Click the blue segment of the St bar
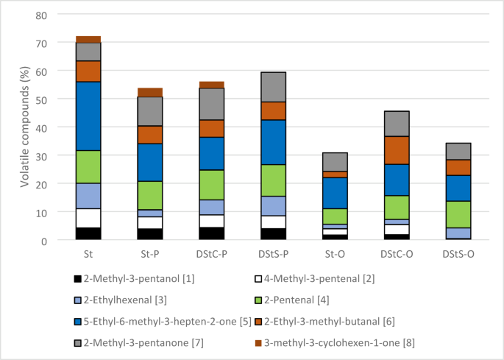click(x=88, y=116)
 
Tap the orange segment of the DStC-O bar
click(x=397, y=150)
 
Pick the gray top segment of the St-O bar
click(x=336, y=162)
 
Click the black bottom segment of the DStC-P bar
click(x=212, y=233)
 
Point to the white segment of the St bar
click(x=88, y=219)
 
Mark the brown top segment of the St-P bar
click(x=150, y=92)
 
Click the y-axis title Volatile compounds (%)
click(x=24, y=127)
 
